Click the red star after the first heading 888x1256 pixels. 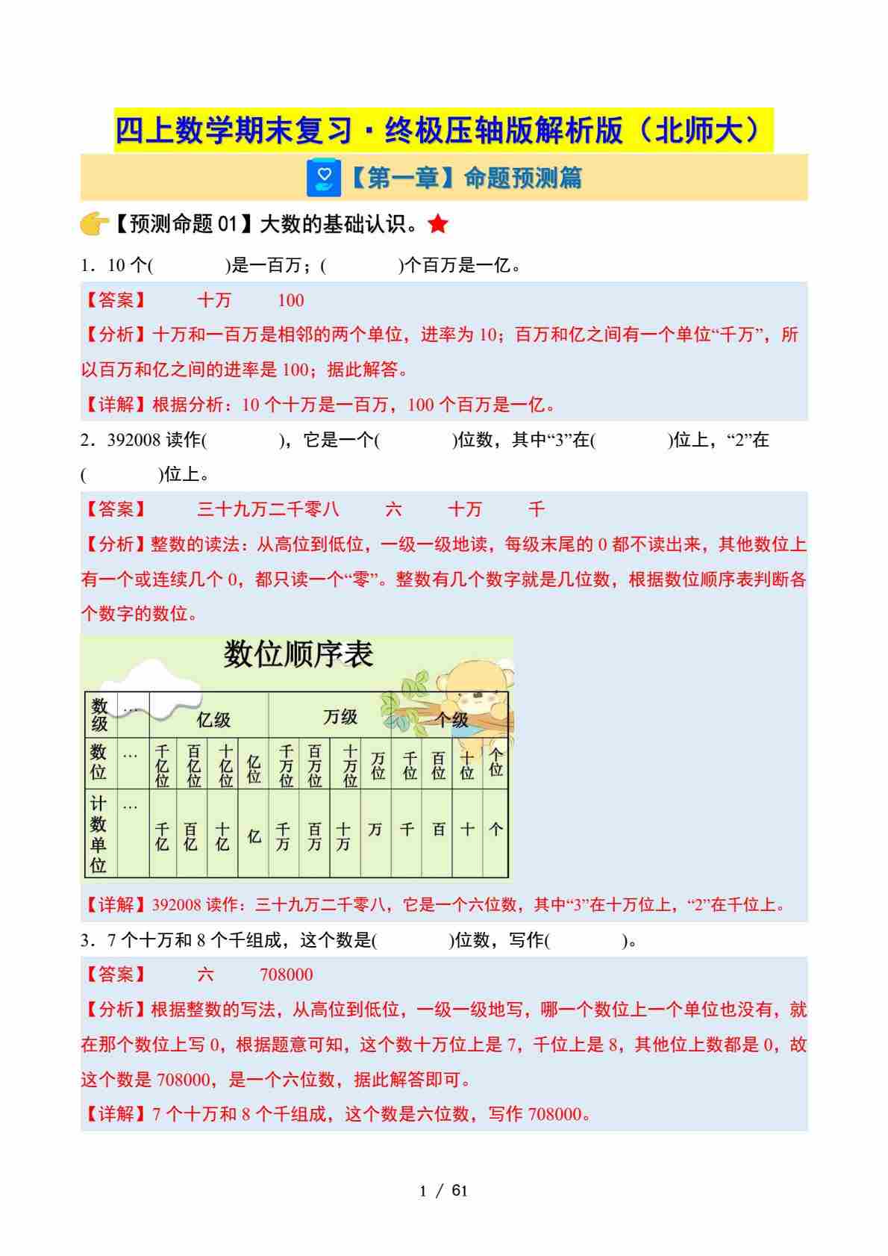[x=438, y=223]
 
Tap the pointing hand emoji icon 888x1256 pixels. [x=94, y=224]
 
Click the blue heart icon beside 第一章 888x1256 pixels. [x=324, y=178]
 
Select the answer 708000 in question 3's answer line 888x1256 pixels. [x=286, y=974]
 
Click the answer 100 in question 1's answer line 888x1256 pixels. [x=290, y=300]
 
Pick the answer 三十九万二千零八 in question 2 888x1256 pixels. [x=268, y=509]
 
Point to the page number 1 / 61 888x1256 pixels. [x=444, y=1190]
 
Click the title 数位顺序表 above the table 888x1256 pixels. [x=298, y=655]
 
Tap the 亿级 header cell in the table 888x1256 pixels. [x=213, y=720]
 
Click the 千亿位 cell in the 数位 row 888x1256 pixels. [x=162, y=765]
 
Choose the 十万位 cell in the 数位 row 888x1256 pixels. [x=349, y=765]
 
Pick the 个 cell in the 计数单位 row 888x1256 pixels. [x=495, y=829]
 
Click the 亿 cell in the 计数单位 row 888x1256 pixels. [x=254, y=835]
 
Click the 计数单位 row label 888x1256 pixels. [x=99, y=834]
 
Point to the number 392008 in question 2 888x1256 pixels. [x=134, y=440]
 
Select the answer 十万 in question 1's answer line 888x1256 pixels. [x=214, y=300]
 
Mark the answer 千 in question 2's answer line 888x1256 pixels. [x=536, y=509]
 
